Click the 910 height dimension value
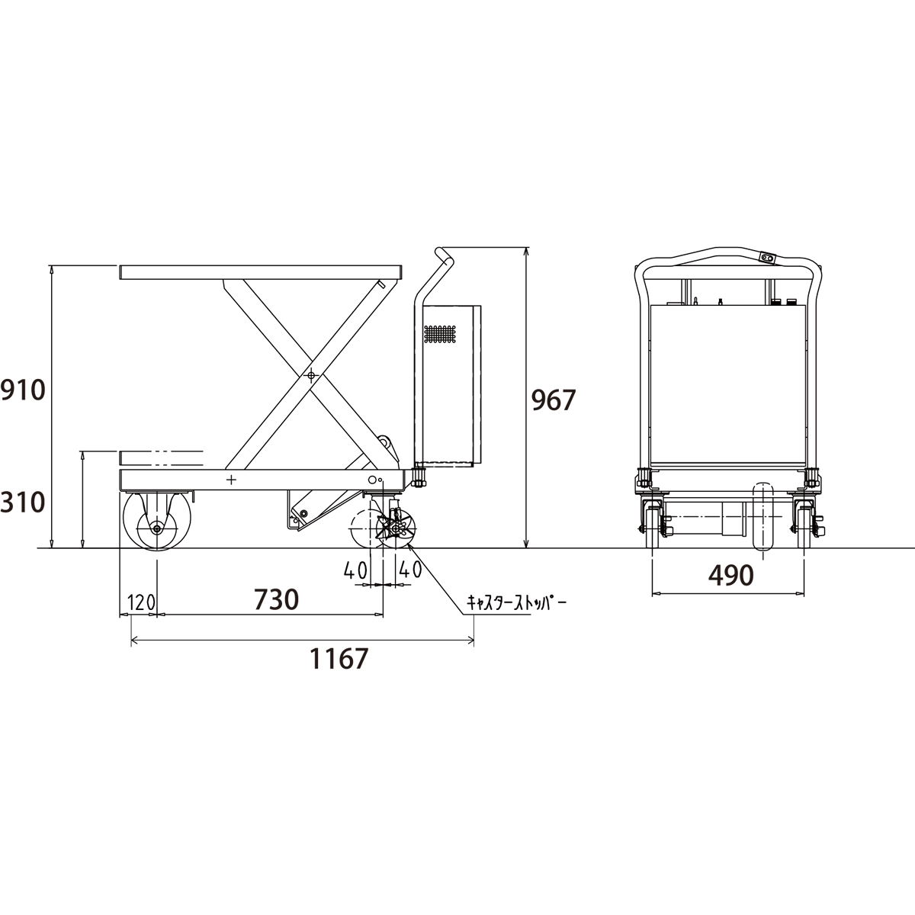23,391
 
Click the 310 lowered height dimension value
23,502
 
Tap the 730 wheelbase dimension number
276,599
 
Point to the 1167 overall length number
339,659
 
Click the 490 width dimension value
730,576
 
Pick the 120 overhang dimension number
141,603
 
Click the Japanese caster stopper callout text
517,603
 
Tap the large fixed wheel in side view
157,521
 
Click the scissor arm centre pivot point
311,376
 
